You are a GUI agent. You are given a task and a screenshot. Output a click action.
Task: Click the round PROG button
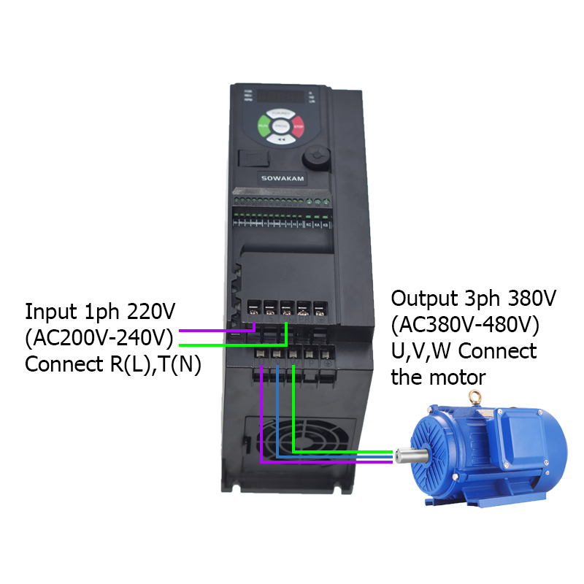[281, 128]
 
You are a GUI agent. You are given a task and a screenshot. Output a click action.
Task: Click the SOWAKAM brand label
[274, 177]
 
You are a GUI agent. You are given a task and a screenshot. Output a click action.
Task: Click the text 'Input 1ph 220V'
[100, 312]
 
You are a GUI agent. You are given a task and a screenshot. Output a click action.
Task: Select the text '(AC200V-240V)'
[100, 338]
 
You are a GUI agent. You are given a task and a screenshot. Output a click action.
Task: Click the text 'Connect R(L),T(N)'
[113, 364]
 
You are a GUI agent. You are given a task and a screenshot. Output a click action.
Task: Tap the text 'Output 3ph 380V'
[474, 299]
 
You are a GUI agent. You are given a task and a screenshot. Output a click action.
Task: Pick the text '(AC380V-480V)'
[465, 325]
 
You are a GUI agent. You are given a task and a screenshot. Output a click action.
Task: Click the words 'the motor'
[438, 377]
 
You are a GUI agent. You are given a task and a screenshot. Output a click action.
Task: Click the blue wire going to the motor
[277, 409]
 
